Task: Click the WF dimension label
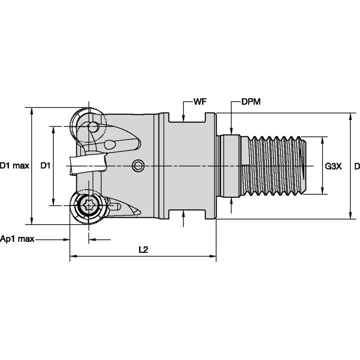[x=200, y=102]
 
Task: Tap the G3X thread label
[x=333, y=166]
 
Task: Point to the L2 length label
[x=143, y=250]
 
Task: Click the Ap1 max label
[x=17, y=239]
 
